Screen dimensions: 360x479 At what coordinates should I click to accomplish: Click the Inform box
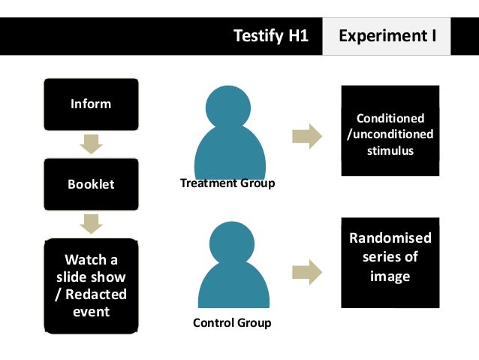91,104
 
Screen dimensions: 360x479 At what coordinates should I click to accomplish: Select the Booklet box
91,183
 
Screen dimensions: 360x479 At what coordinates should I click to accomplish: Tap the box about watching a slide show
91,286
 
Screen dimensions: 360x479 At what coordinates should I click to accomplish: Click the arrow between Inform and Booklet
91,144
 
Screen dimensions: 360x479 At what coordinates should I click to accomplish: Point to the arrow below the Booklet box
91,223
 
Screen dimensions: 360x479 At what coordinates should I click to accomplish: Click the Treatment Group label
227,183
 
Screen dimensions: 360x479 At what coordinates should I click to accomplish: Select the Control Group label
232,323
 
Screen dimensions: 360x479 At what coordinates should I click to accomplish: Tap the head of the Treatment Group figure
227,107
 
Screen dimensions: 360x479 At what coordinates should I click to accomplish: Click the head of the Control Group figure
231,246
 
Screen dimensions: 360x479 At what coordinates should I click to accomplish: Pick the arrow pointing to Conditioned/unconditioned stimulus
306,136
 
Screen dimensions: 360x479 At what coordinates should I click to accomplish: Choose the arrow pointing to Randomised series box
306,272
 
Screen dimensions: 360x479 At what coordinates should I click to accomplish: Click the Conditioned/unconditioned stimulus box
390,135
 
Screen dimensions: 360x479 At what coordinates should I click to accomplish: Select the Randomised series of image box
390,262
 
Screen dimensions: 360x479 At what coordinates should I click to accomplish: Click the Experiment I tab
387,35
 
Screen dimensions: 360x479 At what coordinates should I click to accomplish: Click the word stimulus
390,151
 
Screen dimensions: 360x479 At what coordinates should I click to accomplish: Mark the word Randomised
390,238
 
